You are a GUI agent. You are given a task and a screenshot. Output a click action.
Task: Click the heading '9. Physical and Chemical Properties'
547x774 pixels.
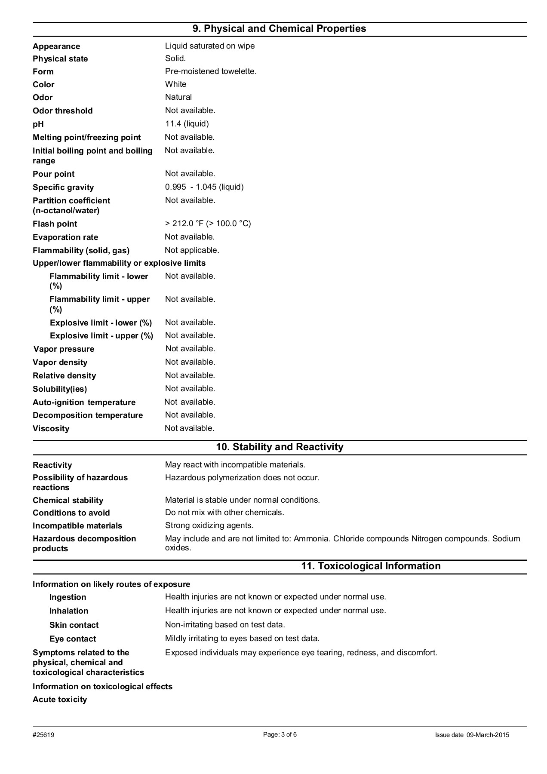[279, 29]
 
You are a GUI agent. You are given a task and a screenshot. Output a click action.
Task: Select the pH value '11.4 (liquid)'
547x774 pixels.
[187, 124]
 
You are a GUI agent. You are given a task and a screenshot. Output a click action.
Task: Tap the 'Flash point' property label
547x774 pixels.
[55, 224]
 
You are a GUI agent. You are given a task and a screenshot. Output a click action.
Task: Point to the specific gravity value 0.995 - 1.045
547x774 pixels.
[204, 187]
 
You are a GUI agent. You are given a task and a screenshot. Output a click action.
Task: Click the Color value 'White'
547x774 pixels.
[175, 84]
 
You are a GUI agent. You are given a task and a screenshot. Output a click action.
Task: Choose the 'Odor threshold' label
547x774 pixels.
[62, 111]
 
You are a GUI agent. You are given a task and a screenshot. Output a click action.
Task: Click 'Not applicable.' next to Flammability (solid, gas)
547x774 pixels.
[192, 250]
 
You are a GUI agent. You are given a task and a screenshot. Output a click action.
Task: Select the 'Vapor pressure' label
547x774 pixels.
[64, 349]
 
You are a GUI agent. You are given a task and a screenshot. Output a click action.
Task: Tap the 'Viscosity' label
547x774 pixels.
[51, 429]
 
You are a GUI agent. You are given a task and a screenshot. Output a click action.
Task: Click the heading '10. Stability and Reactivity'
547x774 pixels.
[279, 447]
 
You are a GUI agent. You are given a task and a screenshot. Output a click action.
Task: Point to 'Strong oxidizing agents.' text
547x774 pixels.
[209, 525]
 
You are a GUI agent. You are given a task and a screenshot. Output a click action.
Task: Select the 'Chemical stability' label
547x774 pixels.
[68, 501]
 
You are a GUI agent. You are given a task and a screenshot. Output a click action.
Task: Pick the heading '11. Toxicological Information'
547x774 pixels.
[371, 566]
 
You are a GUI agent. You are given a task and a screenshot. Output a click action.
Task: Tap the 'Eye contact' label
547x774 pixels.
[73, 639]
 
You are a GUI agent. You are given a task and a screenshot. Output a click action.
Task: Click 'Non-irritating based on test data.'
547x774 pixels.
[225, 625]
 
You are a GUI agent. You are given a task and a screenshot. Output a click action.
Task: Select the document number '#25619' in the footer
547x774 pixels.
[43, 735]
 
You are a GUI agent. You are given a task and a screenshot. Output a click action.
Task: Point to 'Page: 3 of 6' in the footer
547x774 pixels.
[280, 734]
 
